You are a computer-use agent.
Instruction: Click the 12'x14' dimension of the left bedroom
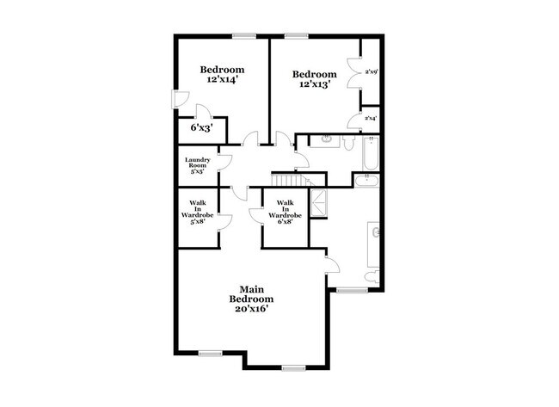click(x=222, y=79)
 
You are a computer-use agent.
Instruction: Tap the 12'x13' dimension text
click(x=313, y=84)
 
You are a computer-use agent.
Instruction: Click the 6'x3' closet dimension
click(x=201, y=127)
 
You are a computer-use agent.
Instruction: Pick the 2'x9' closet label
click(x=372, y=71)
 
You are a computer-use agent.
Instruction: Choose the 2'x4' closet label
click(x=372, y=118)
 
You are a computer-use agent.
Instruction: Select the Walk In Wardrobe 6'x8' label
click(x=285, y=212)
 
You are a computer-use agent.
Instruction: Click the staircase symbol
click(x=289, y=180)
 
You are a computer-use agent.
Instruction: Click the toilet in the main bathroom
click(x=369, y=276)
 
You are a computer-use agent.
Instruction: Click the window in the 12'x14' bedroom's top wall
click(x=244, y=35)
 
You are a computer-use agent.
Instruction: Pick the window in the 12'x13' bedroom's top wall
click(x=298, y=35)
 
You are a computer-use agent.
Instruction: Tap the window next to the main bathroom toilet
click(x=351, y=290)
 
